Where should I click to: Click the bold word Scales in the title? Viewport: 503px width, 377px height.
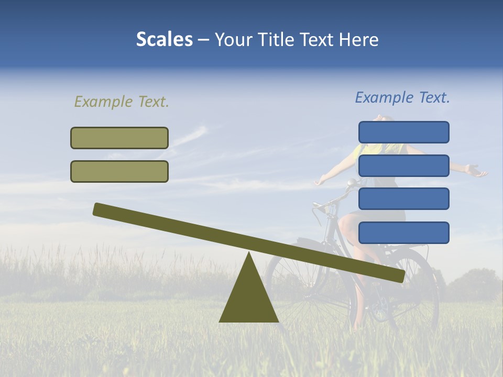click(x=164, y=39)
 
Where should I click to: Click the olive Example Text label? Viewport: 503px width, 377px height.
click(x=122, y=102)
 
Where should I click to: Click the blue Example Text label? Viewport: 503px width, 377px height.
click(x=402, y=97)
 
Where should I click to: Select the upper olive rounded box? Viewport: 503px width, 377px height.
click(x=119, y=138)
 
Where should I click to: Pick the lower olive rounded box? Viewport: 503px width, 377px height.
click(x=119, y=171)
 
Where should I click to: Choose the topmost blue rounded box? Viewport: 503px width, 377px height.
click(x=403, y=132)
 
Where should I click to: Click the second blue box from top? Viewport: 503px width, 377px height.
click(x=403, y=165)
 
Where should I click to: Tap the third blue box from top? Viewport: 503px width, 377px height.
click(x=403, y=199)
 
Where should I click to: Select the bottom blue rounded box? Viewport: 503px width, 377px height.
click(x=403, y=232)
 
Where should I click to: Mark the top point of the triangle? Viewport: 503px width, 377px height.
click(x=249, y=253)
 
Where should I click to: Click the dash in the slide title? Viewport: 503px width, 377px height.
click(x=204, y=40)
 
